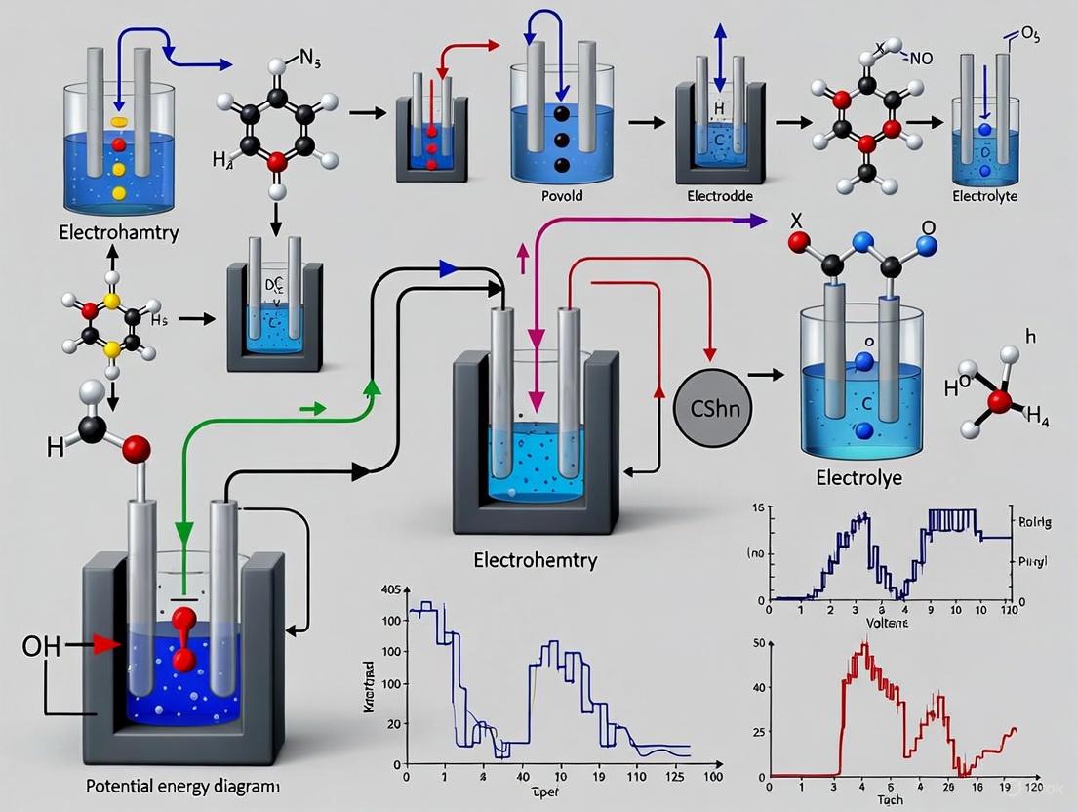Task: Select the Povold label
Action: click(561, 195)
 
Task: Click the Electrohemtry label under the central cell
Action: click(535, 560)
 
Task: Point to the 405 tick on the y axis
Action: click(390, 589)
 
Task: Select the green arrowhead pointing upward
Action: click(370, 388)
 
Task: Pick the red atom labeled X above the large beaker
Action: click(799, 241)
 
